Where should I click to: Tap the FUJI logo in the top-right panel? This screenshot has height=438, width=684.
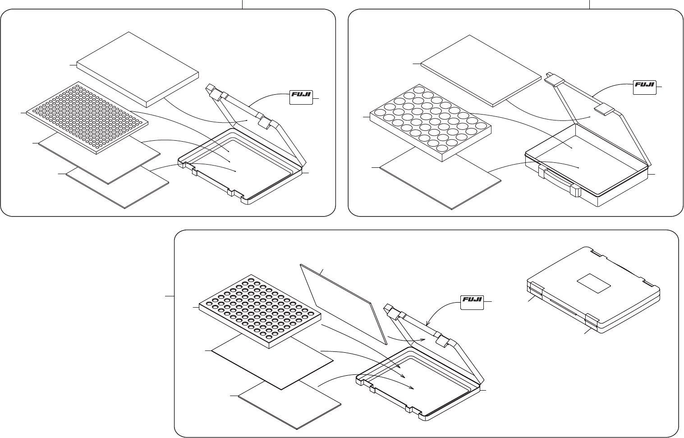(x=644, y=87)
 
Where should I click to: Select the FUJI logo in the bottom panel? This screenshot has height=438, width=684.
(x=472, y=302)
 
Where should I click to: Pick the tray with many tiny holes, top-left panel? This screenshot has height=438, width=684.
(x=87, y=116)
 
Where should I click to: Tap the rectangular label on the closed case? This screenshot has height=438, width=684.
(x=594, y=282)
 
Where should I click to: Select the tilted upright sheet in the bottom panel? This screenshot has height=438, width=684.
(x=343, y=302)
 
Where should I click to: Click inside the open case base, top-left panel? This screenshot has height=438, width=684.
(x=239, y=162)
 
